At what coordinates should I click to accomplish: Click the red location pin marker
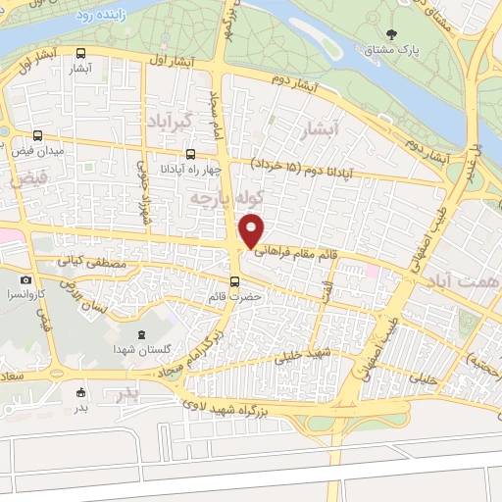(x=252, y=230)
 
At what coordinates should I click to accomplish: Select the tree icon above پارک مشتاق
(x=392, y=34)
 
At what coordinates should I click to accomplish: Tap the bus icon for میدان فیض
(x=37, y=136)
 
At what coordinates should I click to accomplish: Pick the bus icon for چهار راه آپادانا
(x=191, y=154)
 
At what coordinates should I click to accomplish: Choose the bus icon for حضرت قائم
(x=232, y=280)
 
